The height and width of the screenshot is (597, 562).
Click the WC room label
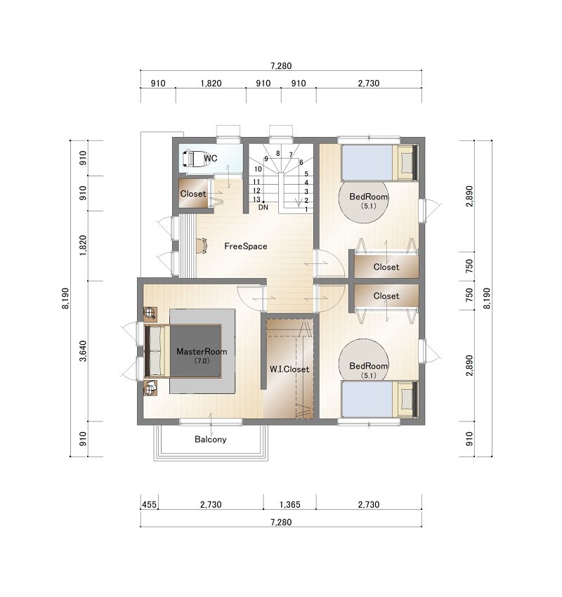211,158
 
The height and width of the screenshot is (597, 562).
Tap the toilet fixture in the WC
196,159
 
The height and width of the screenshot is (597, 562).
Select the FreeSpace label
246,247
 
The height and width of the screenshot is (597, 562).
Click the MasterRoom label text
202,352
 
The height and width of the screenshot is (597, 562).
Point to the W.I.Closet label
289,369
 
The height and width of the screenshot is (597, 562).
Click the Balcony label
211,440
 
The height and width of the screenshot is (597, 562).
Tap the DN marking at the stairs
263,207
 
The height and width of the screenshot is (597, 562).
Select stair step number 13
256,199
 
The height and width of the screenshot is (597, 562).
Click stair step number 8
278,153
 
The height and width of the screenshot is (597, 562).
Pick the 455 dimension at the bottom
149,504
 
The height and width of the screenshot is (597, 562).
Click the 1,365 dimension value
289,504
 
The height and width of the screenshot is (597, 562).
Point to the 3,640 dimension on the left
83,351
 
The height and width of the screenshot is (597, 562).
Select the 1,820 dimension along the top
211,84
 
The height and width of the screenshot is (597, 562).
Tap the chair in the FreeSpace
202,246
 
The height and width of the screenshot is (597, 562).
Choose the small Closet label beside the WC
193,194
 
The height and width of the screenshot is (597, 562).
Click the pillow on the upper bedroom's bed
407,162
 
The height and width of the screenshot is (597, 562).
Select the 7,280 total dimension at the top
281,66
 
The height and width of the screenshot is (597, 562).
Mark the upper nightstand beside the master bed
150,313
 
